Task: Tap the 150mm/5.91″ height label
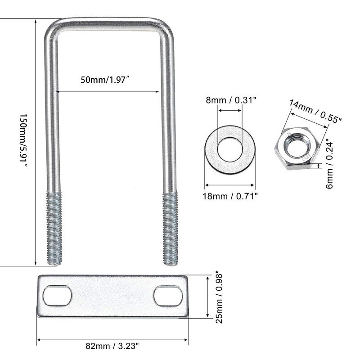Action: tap(23, 141)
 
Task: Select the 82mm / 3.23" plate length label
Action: tap(112, 346)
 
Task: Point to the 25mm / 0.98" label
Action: tap(219, 298)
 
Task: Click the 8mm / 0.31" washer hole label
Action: tap(231, 100)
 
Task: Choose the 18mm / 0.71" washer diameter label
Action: tap(230, 196)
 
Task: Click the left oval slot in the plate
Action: tap(57, 296)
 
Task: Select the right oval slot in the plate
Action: tap(168, 296)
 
